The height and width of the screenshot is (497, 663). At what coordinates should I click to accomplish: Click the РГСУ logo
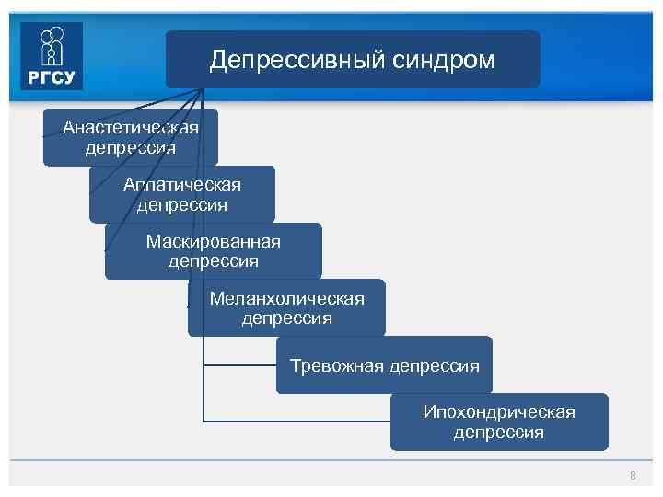(52, 56)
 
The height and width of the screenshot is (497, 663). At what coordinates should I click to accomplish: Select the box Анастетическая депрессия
(131, 137)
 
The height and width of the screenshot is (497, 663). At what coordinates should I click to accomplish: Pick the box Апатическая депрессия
(182, 194)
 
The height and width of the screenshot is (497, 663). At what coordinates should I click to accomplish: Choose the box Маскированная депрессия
(214, 251)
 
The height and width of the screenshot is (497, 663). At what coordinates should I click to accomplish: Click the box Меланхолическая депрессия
(286, 308)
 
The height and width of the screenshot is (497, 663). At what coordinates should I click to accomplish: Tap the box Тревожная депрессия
(384, 365)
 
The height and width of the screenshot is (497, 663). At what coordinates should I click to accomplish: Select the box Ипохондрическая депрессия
(499, 422)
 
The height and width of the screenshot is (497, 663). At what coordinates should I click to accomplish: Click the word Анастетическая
(131, 127)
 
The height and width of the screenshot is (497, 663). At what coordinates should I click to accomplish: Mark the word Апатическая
(182, 184)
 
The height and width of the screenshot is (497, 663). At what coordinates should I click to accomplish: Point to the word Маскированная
(214, 241)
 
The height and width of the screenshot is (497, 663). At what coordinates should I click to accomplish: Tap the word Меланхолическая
(286, 298)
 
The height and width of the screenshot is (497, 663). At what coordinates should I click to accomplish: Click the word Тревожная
(336, 365)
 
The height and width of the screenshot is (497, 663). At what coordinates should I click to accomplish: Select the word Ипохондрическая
(499, 411)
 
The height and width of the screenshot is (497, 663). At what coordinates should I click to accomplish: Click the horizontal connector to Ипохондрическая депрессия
(295, 422)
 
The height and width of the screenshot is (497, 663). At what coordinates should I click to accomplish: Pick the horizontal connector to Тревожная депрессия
(239, 365)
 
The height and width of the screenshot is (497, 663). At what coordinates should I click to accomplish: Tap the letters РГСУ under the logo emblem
(52, 77)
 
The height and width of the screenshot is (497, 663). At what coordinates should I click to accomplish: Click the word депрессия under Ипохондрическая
(499, 432)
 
